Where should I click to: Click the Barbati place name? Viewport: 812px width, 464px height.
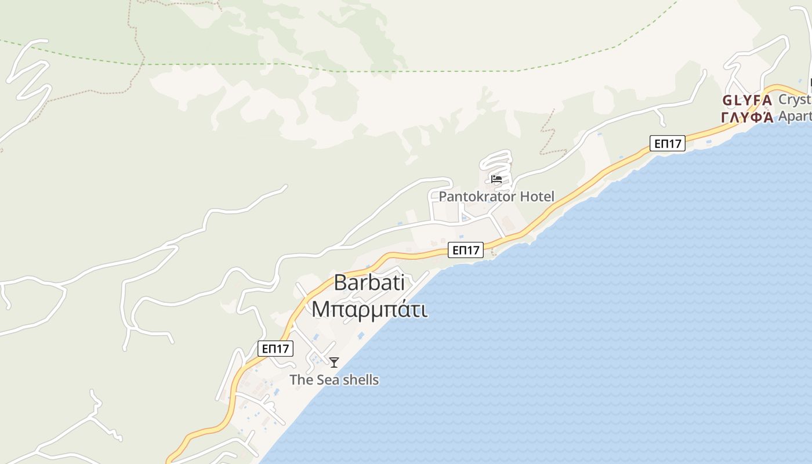(x=369, y=282)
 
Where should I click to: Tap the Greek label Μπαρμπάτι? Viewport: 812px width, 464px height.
(x=369, y=309)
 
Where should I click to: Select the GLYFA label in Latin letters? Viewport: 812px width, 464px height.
(x=747, y=100)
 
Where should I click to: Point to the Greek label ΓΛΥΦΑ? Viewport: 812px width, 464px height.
(x=747, y=117)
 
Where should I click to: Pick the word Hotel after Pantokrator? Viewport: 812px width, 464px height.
(x=536, y=197)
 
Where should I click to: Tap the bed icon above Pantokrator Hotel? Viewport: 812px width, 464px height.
(x=496, y=179)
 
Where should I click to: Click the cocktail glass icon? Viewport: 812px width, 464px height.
(x=334, y=362)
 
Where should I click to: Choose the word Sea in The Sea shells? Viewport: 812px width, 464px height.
(x=326, y=380)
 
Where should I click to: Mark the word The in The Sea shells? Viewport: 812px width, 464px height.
(x=301, y=380)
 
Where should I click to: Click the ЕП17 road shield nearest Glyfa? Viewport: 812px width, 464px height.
(x=668, y=143)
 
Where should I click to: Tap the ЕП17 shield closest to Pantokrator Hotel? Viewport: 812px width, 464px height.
(x=466, y=250)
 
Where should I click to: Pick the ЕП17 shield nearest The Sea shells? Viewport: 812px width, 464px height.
(x=275, y=349)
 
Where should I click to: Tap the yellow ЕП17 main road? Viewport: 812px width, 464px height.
(x=580, y=191)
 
